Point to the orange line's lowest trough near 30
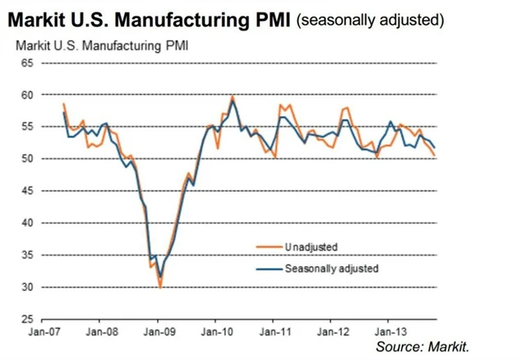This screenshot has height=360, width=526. (160, 287)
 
